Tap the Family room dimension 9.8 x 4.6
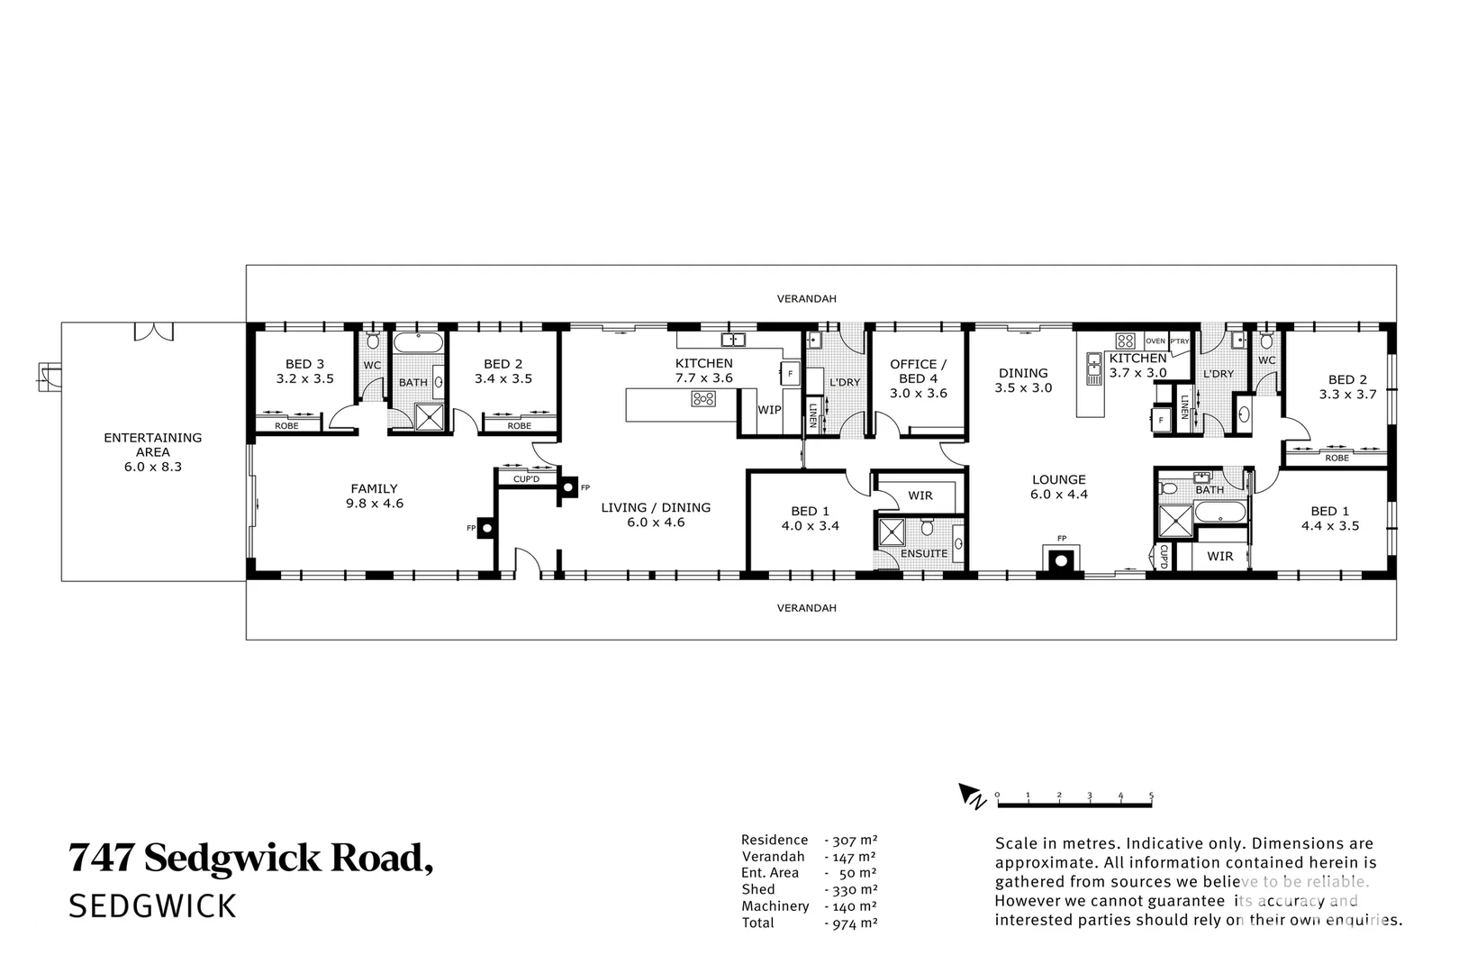click(x=374, y=504)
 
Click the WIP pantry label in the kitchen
click(x=769, y=410)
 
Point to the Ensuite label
click(x=923, y=553)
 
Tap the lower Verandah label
click(x=806, y=608)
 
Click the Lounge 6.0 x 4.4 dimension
click(x=1059, y=494)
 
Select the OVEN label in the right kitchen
click(x=1155, y=341)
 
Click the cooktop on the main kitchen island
click(x=703, y=399)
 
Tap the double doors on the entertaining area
click(x=153, y=332)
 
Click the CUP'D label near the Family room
click(x=526, y=478)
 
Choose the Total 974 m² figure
click(x=850, y=923)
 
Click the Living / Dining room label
click(x=656, y=507)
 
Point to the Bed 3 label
click(x=304, y=364)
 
